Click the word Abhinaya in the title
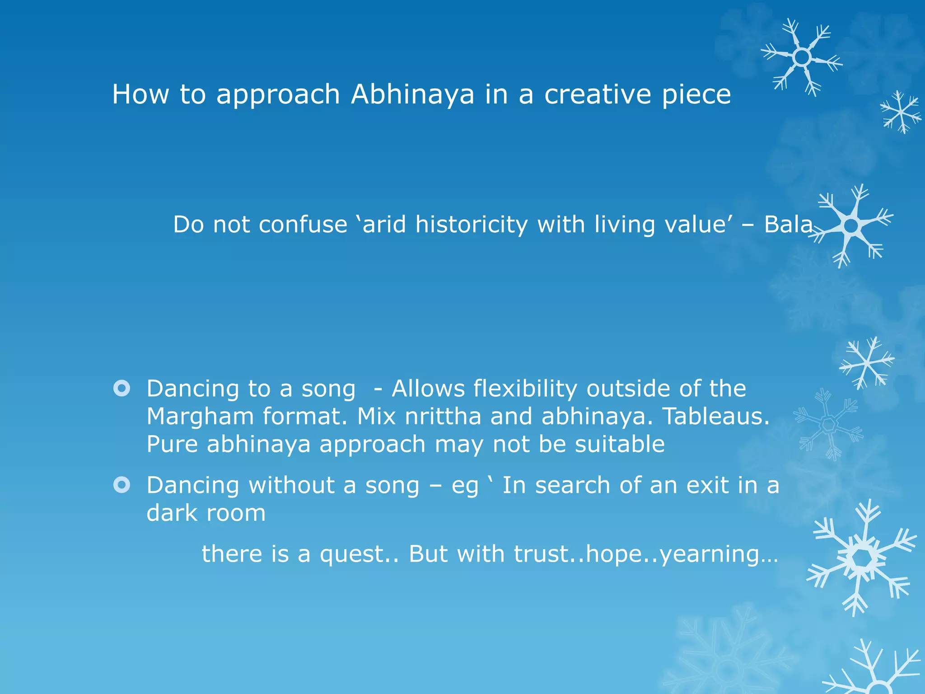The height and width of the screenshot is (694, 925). [412, 94]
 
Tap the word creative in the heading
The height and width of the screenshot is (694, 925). [597, 94]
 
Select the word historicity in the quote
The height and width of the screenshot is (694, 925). [471, 224]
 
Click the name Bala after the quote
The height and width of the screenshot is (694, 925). [788, 224]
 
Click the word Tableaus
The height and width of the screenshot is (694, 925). [715, 416]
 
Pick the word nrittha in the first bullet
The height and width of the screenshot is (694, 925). [443, 416]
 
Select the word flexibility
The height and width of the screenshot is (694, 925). [525, 389]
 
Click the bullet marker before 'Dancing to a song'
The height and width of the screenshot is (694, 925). [122, 389]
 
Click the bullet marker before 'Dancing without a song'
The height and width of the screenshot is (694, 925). [122, 485]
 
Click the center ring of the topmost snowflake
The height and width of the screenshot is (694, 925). [802, 57]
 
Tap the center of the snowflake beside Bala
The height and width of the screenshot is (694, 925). [851, 225]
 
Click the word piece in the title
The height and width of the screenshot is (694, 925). [696, 94]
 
